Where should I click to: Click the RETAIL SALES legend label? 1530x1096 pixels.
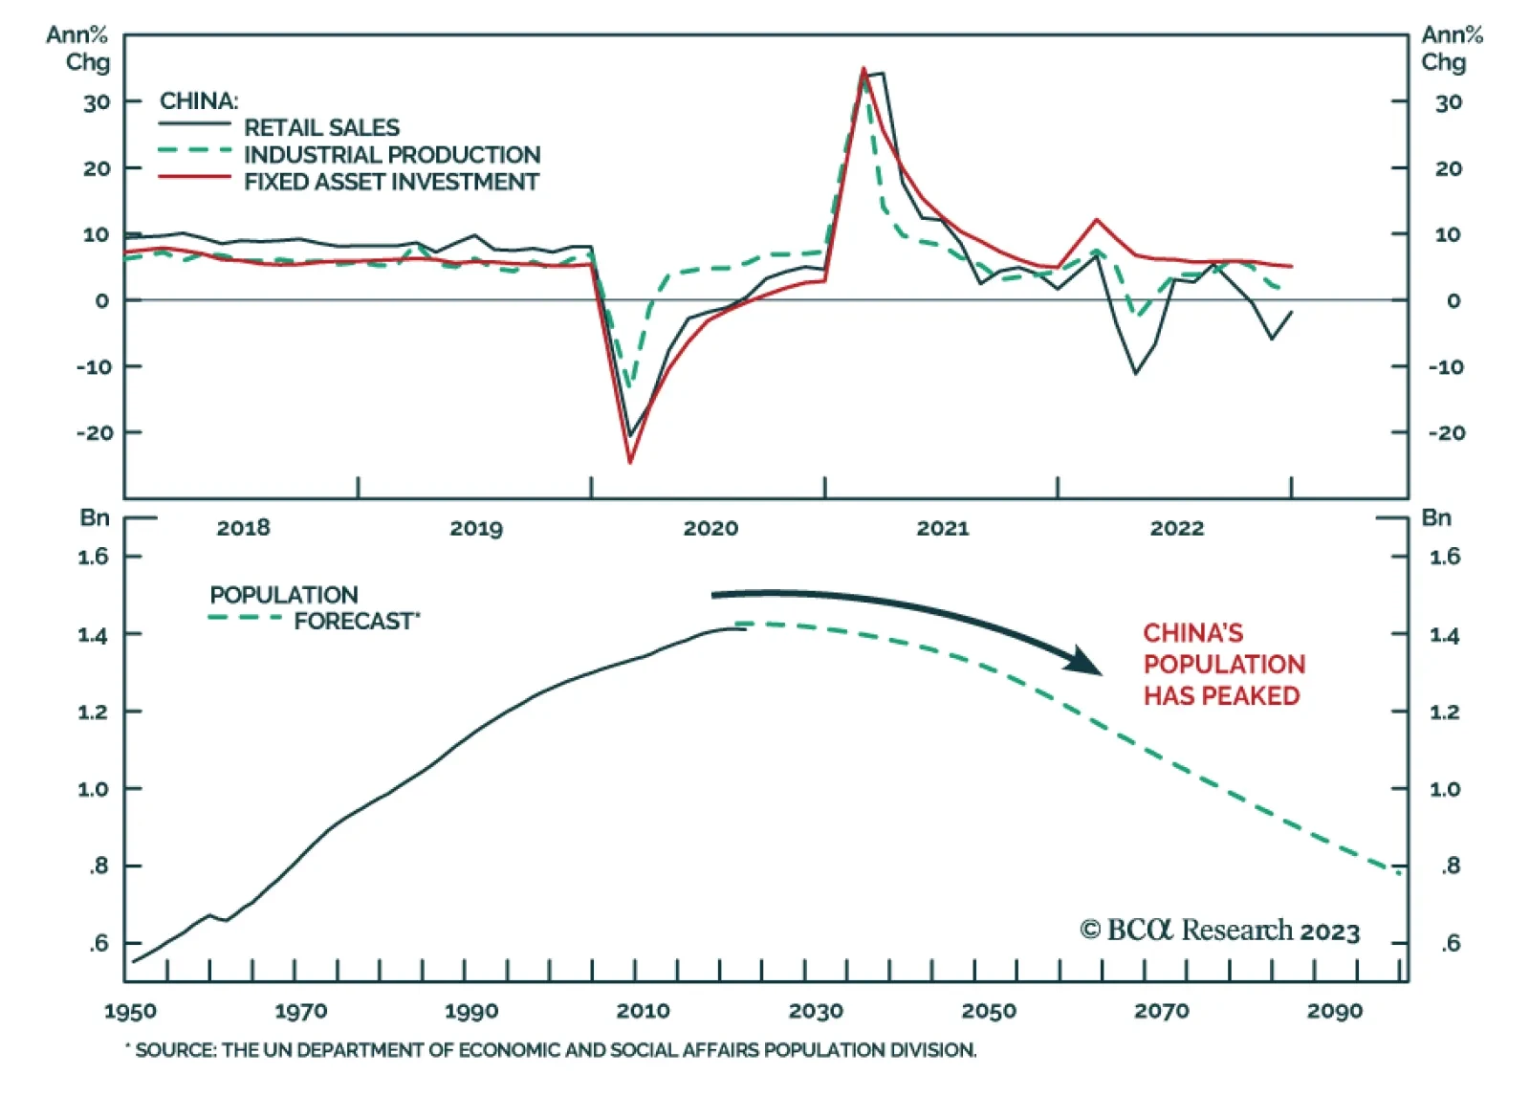click(321, 127)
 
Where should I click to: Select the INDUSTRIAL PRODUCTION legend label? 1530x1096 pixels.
click(392, 155)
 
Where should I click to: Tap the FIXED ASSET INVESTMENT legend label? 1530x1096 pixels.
click(391, 182)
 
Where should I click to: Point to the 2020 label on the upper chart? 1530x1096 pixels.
click(710, 528)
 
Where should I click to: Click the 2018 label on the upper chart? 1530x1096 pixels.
click(243, 528)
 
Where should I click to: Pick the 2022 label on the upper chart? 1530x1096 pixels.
click(1176, 528)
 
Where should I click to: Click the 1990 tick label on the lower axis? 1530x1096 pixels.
click(471, 1012)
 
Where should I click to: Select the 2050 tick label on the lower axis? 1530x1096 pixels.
click(989, 1012)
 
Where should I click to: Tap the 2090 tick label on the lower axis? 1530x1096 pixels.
click(1335, 1012)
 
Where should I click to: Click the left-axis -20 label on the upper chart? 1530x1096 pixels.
click(95, 433)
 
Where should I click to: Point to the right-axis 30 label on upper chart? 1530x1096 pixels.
click(1448, 102)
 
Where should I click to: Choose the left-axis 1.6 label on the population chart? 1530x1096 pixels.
click(94, 557)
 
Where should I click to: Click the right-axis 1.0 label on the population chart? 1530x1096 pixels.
click(1444, 789)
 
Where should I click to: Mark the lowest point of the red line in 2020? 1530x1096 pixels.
click(630, 463)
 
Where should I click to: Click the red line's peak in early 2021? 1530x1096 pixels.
click(863, 69)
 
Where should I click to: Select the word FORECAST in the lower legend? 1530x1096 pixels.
click(353, 622)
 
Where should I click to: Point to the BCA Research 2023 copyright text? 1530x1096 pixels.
click(1219, 931)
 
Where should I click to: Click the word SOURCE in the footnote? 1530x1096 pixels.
click(175, 1050)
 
